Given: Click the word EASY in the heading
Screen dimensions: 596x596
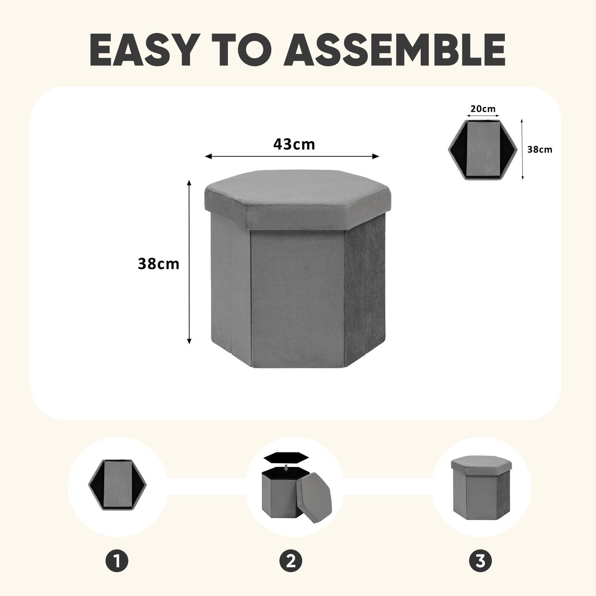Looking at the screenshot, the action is point(143,50).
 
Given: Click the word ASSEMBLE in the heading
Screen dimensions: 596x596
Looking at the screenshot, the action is point(394,50).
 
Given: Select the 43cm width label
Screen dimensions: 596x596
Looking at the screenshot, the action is point(294,144).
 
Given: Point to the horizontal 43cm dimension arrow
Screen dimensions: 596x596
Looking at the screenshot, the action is point(292,156).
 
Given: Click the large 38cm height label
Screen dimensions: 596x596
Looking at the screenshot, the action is point(158,264).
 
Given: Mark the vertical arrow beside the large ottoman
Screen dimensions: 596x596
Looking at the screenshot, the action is point(189,262).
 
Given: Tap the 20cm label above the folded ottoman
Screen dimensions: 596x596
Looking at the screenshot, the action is point(483,109).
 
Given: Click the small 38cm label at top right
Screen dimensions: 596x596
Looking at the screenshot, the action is point(540,149).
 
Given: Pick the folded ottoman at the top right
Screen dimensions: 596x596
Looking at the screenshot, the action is point(483,150).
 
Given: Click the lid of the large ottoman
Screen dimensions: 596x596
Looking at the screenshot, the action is point(297,200).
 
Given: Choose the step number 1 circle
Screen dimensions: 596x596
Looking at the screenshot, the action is point(117,561).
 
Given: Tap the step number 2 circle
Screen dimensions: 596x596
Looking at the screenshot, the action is point(291,561).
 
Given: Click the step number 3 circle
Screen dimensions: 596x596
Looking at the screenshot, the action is point(480,561).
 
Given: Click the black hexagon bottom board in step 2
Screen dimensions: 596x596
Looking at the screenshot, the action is point(286,457).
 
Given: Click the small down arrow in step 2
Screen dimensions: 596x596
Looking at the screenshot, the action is point(286,468).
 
